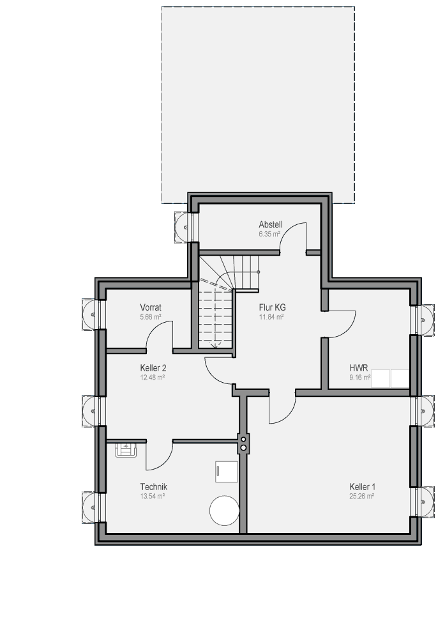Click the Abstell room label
pyautogui.click(x=270, y=224)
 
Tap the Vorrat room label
pyautogui.click(x=151, y=308)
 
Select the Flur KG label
pyautogui.click(x=272, y=308)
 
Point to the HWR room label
pyautogui.click(x=359, y=368)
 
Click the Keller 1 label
pyautogui.click(x=362, y=487)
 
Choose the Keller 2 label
pyautogui.click(x=153, y=368)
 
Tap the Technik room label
pyautogui.click(x=153, y=487)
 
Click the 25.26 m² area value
pyautogui.click(x=361, y=497)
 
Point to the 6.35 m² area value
pyautogui.click(x=269, y=235)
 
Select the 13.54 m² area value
pyautogui.click(x=152, y=497)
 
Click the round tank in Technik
pyautogui.click(x=224, y=510)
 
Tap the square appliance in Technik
pyautogui.click(x=226, y=472)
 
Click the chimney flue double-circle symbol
pyautogui.click(x=243, y=443)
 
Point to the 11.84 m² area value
pyautogui.click(x=271, y=317)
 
